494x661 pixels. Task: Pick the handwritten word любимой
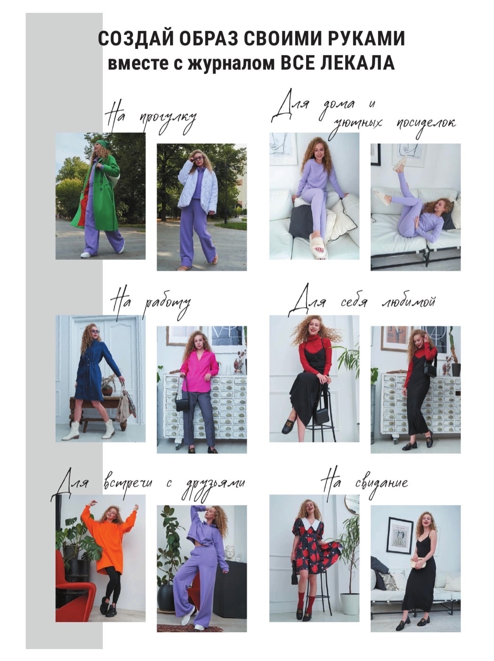(x=408, y=302)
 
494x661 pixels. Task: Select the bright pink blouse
(x=199, y=373)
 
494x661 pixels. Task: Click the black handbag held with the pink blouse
(x=183, y=403)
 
